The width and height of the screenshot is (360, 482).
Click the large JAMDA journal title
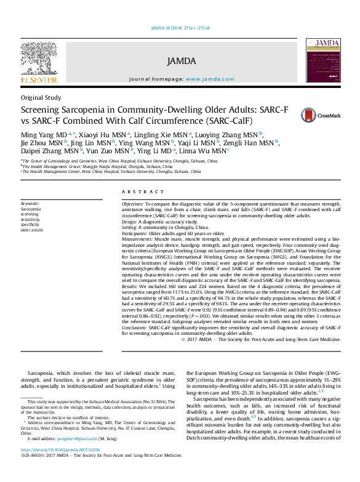(x=181, y=61)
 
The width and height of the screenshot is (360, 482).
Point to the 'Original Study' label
(x=41, y=97)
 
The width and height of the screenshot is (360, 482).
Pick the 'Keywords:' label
(x=30, y=203)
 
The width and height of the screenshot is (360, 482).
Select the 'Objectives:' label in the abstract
(x=132, y=203)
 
